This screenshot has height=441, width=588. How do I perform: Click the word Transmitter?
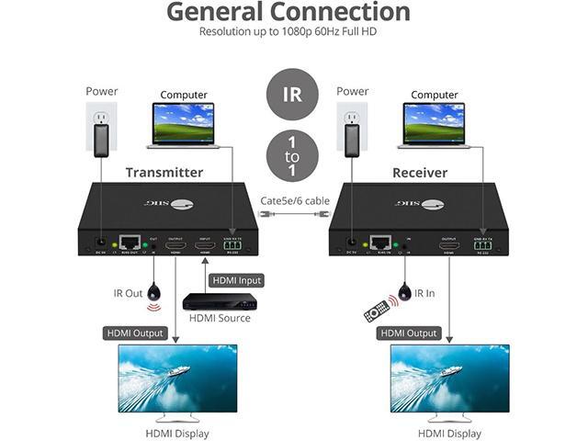coord(164,173)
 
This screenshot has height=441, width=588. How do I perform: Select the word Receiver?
coord(420,173)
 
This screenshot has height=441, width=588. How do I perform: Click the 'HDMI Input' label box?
coord(237,279)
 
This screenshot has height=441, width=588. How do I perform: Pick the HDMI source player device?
coord(220,301)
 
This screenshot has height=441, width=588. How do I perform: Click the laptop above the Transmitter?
coord(184,125)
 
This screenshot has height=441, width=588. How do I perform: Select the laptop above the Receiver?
coord(435,125)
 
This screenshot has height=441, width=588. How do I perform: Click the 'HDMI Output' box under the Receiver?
coord(409,333)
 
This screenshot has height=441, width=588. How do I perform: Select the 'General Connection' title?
coord(288,12)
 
